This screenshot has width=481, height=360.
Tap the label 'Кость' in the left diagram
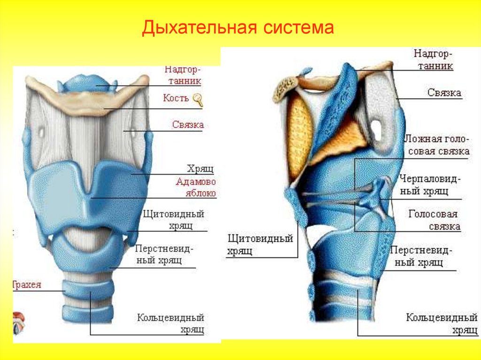click(x=176, y=99)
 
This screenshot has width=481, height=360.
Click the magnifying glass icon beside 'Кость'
click(x=198, y=100)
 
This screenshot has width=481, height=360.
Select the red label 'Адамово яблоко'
click(x=196, y=187)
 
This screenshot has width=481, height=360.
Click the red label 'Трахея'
click(x=27, y=285)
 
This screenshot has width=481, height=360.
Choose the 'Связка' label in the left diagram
click(x=187, y=125)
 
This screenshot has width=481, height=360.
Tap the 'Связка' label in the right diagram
click(x=444, y=93)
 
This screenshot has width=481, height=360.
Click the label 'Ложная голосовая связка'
click(x=437, y=146)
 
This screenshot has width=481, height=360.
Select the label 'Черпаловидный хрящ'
click(x=430, y=185)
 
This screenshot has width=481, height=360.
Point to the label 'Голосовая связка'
click(x=434, y=220)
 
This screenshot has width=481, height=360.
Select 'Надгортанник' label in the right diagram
click(x=433, y=60)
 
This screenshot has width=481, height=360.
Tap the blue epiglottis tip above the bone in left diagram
click(x=96, y=83)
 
